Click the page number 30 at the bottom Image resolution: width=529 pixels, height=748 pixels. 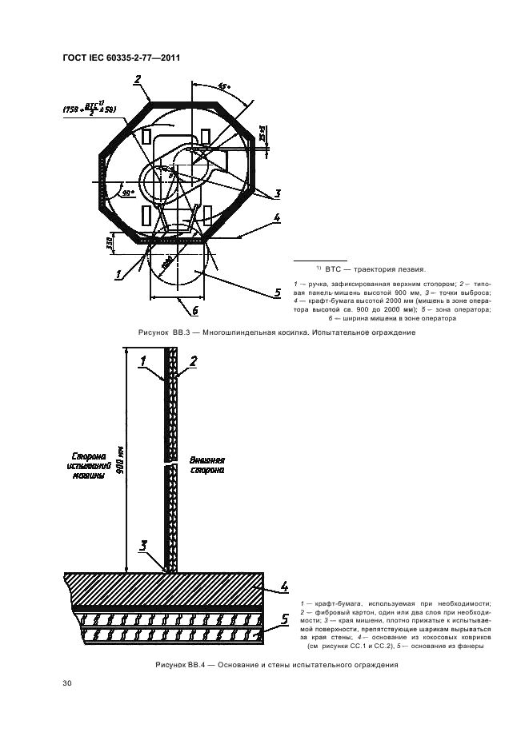[66, 682]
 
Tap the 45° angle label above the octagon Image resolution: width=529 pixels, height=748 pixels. [223, 87]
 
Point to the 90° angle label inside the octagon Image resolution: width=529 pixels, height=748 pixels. [126, 193]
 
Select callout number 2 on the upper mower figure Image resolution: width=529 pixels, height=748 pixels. [138, 80]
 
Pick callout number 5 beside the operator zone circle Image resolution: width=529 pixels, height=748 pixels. [277, 293]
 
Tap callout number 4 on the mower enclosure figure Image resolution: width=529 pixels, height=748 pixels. [276, 217]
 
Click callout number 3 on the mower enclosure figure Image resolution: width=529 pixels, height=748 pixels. [277, 193]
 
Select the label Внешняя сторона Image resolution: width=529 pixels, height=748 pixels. [207, 466]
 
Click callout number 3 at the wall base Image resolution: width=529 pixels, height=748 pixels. [144, 547]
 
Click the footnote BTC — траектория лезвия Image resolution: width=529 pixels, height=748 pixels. [375, 269]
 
